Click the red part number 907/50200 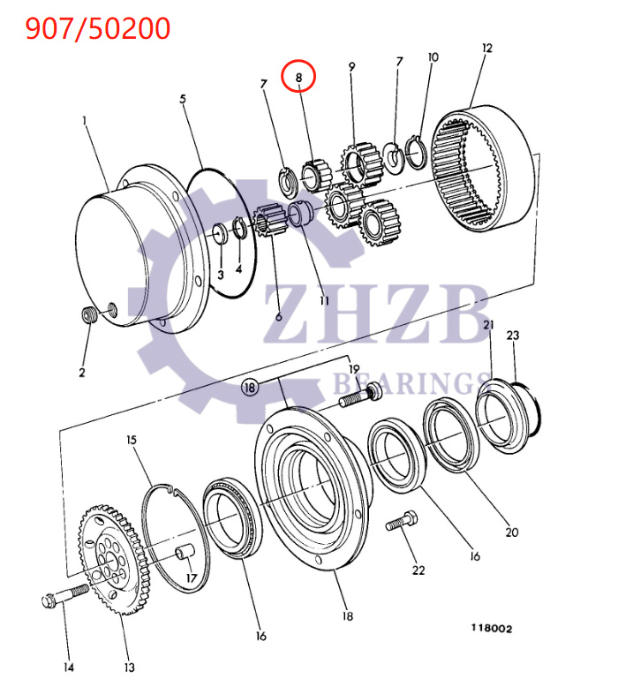click(x=97, y=29)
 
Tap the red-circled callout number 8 click(x=298, y=78)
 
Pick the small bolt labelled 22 click(x=398, y=523)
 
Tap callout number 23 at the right click(x=513, y=336)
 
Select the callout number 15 click(x=131, y=440)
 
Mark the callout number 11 click(x=324, y=300)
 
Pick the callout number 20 click(x=512, y=532)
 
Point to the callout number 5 click(x=183, y=99)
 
